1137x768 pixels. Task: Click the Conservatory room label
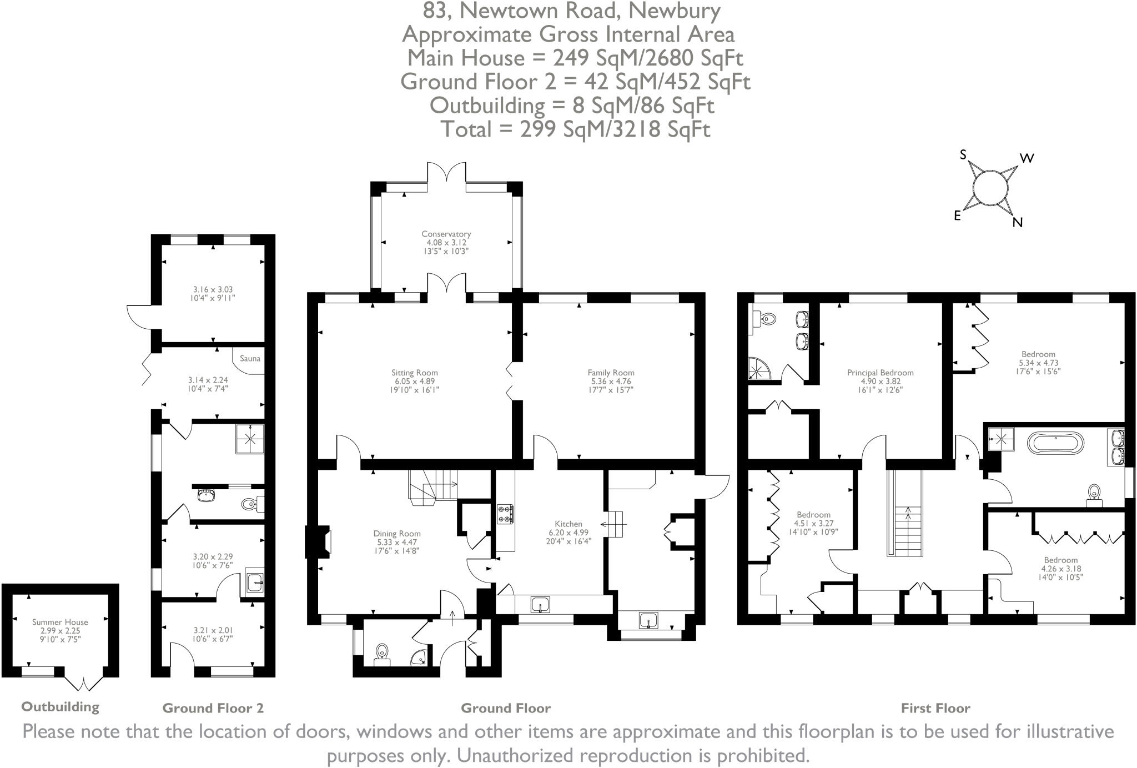click(x=446, y=234)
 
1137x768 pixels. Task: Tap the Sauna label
click(x=250, y=359)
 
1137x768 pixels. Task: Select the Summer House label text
click(x=60, y=622)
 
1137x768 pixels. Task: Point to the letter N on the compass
click(x=1017, y=223)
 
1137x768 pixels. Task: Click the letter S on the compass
click(x=964, y=155)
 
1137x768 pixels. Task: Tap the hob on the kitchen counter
click(x=506, y=514)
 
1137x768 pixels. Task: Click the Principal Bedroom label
click(x=880, y=373)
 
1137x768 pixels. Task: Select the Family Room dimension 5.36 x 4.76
click(x=611, y=382)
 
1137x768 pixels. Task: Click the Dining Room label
click(x=396, y=534)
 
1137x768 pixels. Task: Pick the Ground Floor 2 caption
click(x=213, y=708)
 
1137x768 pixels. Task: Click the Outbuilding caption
click(x=60, y=706)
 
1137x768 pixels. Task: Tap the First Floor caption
click(x=935, y=708)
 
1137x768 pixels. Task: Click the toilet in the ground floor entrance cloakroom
click(x=382, y=651)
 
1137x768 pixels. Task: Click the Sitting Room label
click(x=414, y=373)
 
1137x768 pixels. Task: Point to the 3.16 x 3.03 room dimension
click(x=213, y=289)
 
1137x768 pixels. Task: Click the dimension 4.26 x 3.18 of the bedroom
click(x=1061, y=569)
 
